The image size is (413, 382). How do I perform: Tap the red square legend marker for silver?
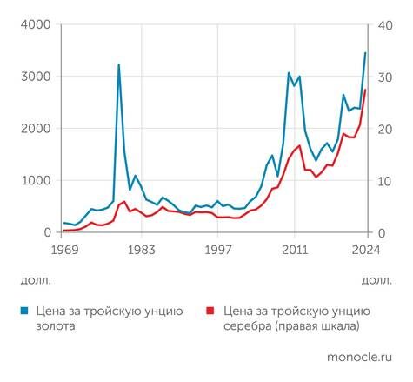[x=210, y=310]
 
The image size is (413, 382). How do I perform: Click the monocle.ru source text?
[x=358, y=357]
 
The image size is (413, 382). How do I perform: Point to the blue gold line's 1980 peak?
[x=119, y=64]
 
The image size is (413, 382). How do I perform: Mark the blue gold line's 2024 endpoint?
[x=365, y=53]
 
